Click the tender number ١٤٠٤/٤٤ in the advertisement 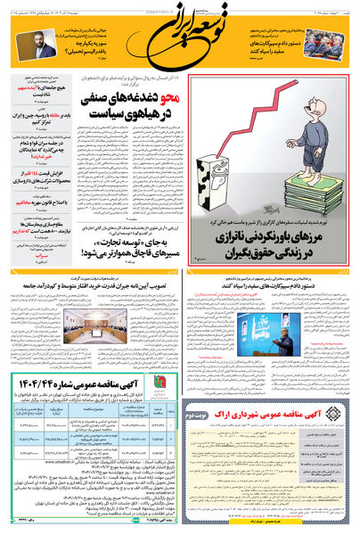click(135, 381)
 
